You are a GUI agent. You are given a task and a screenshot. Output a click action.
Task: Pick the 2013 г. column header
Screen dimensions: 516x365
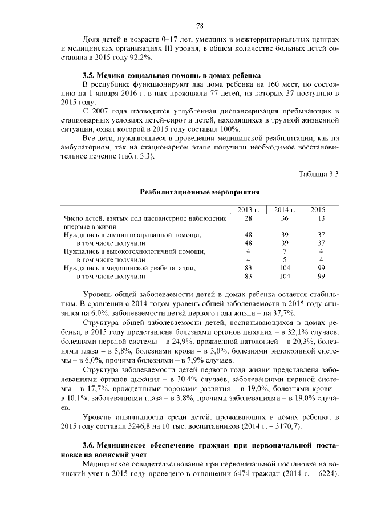pos(248,210)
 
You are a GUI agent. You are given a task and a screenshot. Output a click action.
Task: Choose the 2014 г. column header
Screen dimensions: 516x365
pos(285,210)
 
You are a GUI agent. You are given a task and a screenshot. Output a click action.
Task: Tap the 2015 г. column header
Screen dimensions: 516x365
pos(321,210)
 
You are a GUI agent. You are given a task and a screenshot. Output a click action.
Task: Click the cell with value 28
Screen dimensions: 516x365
pos(248,218)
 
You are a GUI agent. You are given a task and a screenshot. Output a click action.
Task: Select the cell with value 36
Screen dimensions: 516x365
pos(285,218)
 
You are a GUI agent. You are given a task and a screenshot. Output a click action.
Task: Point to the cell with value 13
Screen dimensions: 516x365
pos(321,218)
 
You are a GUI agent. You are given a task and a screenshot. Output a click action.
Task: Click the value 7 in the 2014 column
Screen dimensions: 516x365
pos(285,251)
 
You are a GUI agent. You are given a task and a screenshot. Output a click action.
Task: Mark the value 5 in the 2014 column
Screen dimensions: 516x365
pos(285,259)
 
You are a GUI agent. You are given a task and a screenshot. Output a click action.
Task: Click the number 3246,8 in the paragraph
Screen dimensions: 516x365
pos(146,426)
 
